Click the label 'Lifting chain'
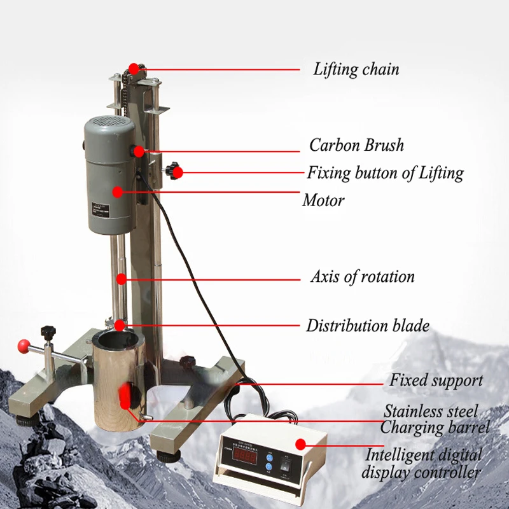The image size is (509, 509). [356, 69]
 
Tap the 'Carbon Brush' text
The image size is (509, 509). [356, 145]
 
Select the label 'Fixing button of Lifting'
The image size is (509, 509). [386, 172]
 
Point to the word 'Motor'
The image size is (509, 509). [323, 200]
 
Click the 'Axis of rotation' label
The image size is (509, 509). [362, 277]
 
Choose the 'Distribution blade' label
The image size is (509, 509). [368, 326]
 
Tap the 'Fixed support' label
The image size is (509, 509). [436, 380]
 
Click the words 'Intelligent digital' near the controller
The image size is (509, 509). [424, 456]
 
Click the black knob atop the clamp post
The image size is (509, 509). [46, 331]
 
